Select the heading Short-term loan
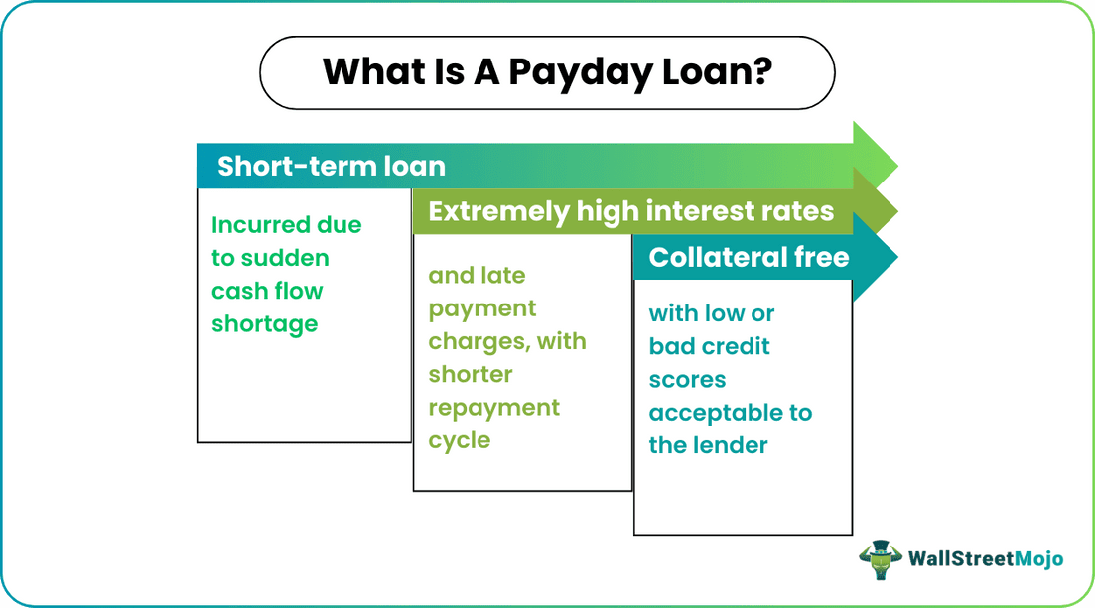coord(331,166)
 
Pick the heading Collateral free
coord(749,258)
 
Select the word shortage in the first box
coord(264,324)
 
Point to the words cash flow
coord(267,292)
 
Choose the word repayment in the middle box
coord(494,408)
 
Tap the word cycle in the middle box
coord(460,440)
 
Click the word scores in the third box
coord(687,380)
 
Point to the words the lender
coord(708,445)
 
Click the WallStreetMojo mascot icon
coord(880,559)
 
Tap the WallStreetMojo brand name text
coord(985,559)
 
